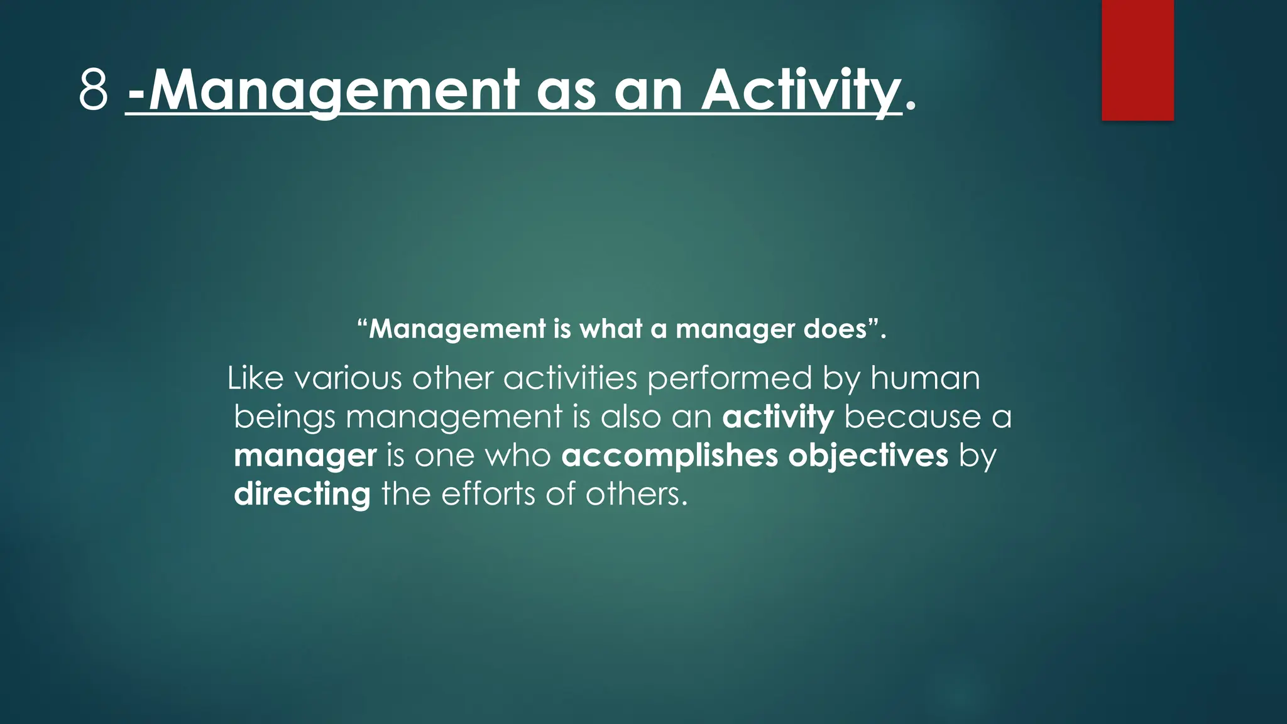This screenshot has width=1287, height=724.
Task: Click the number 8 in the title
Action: point(94,90)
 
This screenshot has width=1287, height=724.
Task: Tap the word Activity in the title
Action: point(801,90)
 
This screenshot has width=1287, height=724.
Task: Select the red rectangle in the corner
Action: point(1137,60)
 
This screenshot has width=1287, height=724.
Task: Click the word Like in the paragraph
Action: point(255,378)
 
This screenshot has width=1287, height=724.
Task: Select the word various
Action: point(348,378)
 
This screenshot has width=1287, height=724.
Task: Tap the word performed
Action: point(730,378)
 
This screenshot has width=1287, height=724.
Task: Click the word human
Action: point(925,378)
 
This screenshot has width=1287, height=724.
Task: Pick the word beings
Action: point(285,417)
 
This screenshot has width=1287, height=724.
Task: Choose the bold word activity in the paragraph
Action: point(778,417)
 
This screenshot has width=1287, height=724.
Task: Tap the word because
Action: point(912,417)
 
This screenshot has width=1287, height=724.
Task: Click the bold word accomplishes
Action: point(669,456)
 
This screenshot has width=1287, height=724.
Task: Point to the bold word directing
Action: point(302,495)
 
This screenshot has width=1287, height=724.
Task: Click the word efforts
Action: point(488,495)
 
